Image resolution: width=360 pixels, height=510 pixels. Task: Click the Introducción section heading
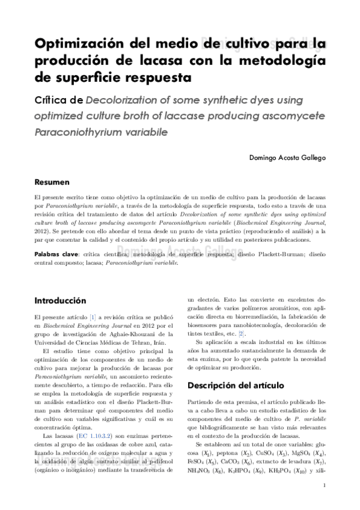tap(60, 301)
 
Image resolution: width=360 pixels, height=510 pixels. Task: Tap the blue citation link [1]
tap(93, 317)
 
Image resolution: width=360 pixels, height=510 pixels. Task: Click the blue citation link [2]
tap(242, 334)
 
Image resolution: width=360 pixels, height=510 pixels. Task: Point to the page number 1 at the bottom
tap(325, 487)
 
